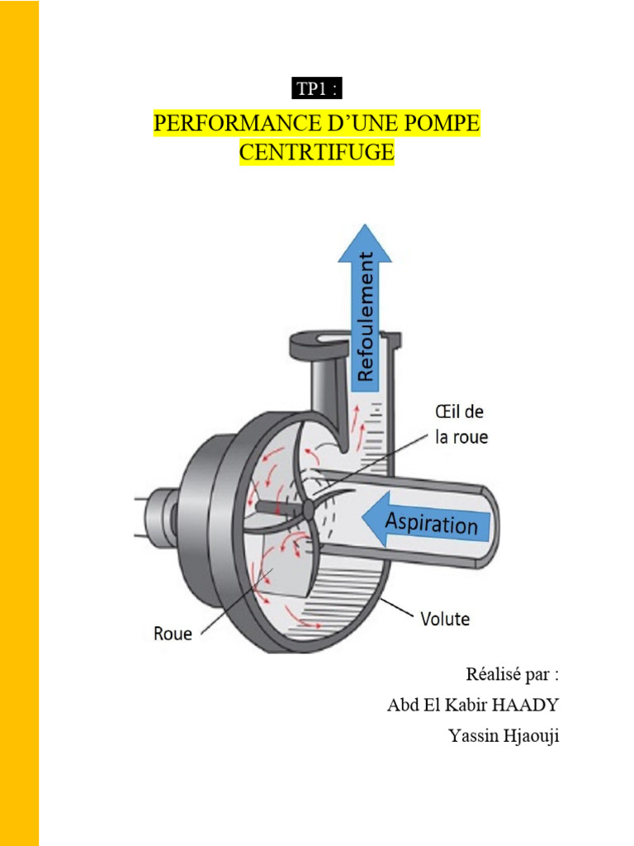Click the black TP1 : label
(317, 88)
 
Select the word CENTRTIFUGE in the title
(317, 152)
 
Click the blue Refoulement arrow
(365, 307)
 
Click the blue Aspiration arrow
(427, 520)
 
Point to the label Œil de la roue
(461, 425)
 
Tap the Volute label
(445, 619)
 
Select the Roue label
(173, 634)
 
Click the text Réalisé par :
(512, 674)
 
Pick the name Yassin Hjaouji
(504, 736)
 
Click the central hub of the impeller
(308, 509)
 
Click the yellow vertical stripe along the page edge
(20, 423)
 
